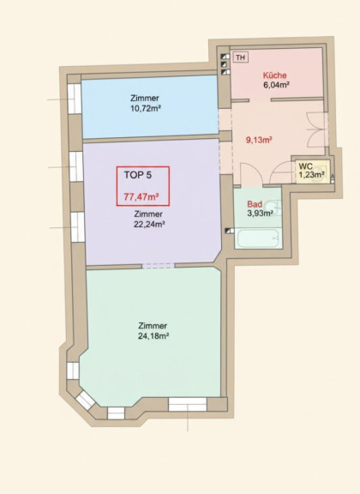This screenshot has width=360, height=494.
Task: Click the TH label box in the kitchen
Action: pos(241,57)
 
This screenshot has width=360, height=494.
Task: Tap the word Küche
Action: pos(274,75)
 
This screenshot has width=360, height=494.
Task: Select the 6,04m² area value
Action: pos(276,85)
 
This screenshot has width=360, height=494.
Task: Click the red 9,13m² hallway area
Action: pos(259,140)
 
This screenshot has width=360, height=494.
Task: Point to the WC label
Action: pos(305,166)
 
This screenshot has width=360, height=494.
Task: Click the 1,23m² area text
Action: pos(312,174)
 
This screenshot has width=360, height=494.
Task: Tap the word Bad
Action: pos(255,204)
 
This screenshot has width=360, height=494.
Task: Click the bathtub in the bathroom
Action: pos(258,238)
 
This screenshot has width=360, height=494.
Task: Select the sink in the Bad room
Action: pos(273,208)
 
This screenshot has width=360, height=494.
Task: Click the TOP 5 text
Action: pos(138,175)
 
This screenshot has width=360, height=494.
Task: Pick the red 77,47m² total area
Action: pos(141,197)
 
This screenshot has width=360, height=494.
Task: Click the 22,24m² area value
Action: pos(150,225)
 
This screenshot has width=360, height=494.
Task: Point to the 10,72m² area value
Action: pos(146,109)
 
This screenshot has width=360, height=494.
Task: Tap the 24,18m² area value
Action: pos(153,336)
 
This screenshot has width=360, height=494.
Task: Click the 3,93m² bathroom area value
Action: pos(261,214)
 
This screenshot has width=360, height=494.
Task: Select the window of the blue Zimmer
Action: pos(75,99)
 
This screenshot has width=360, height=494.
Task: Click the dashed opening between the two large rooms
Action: pos(158,266)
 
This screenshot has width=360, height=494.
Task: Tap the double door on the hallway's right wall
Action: pos(316,130)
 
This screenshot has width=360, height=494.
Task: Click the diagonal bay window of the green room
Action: pos(86,401)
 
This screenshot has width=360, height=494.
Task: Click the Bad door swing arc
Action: pos(251,174)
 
